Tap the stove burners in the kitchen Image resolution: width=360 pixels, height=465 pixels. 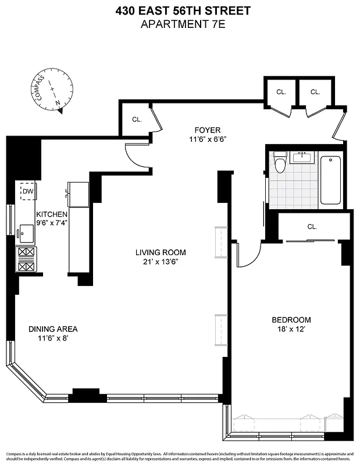point(27,259)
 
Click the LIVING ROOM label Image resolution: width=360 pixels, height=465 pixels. point(161,252)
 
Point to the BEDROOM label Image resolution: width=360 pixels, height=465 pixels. point(291,320)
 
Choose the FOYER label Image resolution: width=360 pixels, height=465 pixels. point(208,130)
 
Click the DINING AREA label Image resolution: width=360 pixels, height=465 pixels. point(53,329)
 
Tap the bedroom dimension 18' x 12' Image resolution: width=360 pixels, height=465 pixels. point(291,330)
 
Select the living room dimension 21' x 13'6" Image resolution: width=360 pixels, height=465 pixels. point(161,262)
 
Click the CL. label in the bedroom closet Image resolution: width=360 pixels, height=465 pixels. point(312,227)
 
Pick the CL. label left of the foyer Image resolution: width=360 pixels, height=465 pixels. point(137,119)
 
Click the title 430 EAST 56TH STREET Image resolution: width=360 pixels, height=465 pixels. point(180,10)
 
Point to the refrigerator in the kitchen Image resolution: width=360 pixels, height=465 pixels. point(77,194)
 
